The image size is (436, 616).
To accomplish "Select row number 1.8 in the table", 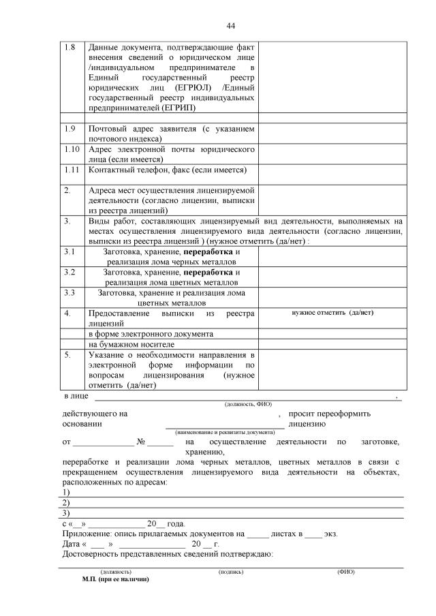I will coord(69,47).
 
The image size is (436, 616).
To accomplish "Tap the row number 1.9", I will coord(69,128).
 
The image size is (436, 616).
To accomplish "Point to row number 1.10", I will coord(71,149).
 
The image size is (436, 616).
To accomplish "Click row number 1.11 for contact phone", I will coord(71,169).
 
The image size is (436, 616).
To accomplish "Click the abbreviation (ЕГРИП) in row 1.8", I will coord(179,108).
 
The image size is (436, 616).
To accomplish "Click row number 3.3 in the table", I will coord(69,292).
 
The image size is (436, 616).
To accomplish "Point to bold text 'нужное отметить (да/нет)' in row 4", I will coord(332,313).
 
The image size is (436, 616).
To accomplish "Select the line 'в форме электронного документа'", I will coord(151,334).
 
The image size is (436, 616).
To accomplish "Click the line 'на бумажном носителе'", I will coord(127,344).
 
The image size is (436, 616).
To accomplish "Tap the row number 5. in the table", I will coord(67,354).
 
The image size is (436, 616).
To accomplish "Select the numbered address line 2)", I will coord(65,502).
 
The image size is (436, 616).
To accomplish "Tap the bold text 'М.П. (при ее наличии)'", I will coord(114,579).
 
